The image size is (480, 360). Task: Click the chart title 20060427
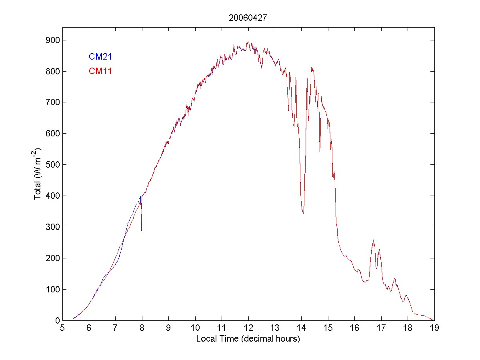pos(248,18)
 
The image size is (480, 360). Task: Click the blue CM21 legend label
pos(100,57)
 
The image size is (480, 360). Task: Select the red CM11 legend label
pos(100,71)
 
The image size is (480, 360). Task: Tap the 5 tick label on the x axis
pos(62,328)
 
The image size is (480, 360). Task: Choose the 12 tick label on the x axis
pos(248,328)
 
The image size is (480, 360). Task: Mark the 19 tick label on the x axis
pos(434,328)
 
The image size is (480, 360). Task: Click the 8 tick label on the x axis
pos(142,328)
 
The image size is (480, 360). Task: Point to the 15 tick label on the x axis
pos(328,328)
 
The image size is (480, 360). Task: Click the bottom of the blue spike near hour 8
pos(141,230)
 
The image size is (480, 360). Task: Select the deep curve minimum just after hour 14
pos(303,213)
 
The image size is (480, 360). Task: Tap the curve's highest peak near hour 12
pos(247,41)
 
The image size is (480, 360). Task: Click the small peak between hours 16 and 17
pos(373,240)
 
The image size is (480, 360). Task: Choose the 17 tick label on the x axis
pos(381,328)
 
